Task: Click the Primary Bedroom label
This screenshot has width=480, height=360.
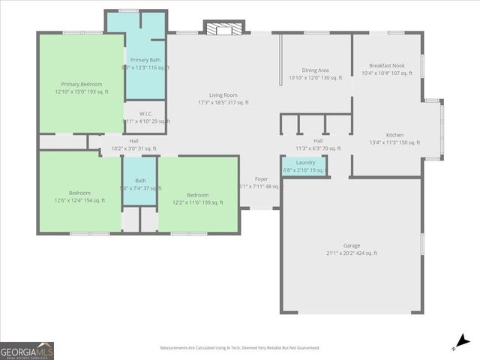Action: [81, 85]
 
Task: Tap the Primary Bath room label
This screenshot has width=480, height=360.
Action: [145, 60]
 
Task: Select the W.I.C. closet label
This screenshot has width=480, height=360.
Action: [145, 114]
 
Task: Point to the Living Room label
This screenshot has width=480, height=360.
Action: [223, 95]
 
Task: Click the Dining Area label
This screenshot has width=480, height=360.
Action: [315, 70]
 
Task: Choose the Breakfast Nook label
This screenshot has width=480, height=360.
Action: [387, 66]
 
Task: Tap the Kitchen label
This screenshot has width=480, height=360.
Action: [394, 135]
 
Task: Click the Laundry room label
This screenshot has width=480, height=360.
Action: [305, 162]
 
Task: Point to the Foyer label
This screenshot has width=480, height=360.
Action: [261, 179]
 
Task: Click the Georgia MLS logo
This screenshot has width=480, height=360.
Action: [26, 351]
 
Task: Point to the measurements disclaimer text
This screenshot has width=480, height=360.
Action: [239, 348]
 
